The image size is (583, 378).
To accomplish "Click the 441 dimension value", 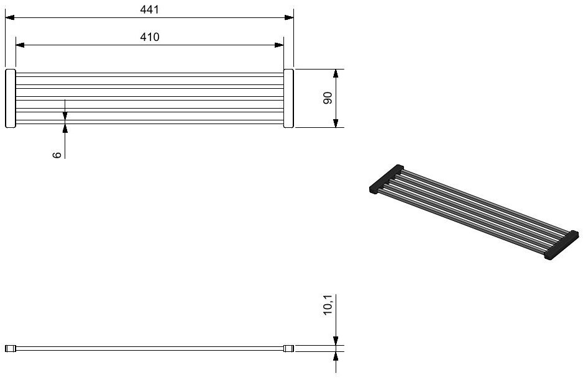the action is point(149,9).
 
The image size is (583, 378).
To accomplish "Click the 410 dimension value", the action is point(149,37).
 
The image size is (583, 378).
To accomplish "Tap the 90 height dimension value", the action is point(328,98).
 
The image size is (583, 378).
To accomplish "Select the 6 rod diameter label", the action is point(57,155).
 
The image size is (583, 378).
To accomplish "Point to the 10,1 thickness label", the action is point(328,305).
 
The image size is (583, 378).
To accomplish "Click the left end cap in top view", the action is point(11,99).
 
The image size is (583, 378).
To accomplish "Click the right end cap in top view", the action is point(288,99).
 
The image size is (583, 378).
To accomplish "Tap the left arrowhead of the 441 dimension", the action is point(10,17).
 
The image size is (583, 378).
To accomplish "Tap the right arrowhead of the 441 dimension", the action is point(289,17).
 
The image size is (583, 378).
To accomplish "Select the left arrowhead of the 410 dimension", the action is point(20,45).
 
